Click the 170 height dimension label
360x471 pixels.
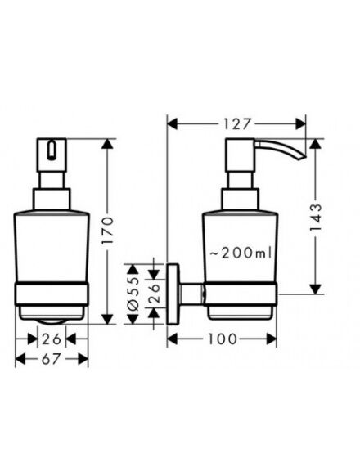pyautogui.click(x=107, y=230)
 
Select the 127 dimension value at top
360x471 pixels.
pyautogui.click(x=236, y=123)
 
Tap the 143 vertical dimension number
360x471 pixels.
pyautogui.click(x=315, y=218)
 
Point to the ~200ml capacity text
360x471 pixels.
pyautogui.click(x=241, y=253)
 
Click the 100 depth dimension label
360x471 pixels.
pyautogui.click(x=222, y=339)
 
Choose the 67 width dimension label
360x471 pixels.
pyautogui.click(x=51, y=358)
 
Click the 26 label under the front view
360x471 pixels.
pyautogui.click(x=52, y=339)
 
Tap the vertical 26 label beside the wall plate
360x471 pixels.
pyautogui.click(x=153, y=293)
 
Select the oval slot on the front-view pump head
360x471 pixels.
pyautogui.click(x=52, y=149)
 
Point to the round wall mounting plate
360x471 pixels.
pyautogui.click(x=173, y=294)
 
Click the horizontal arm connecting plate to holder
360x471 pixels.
pyautogui.click(x=191, y=294)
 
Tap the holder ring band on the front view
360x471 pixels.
pyautogui.click(x=52, y=294)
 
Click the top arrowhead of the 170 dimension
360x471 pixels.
pyautogui.click(x=107, y=144)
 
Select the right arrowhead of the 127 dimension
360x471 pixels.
pyautogui.click(x=300, y=123)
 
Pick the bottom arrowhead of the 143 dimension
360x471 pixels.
pyautogui.click(x=315, y=289)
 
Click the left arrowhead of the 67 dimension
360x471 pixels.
pyautogui.click(x=20, y=359)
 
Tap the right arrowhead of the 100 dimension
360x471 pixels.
pyautogui.click(x=272, y=339)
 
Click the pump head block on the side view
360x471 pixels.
pyautogui.click(x=240, y=155)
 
